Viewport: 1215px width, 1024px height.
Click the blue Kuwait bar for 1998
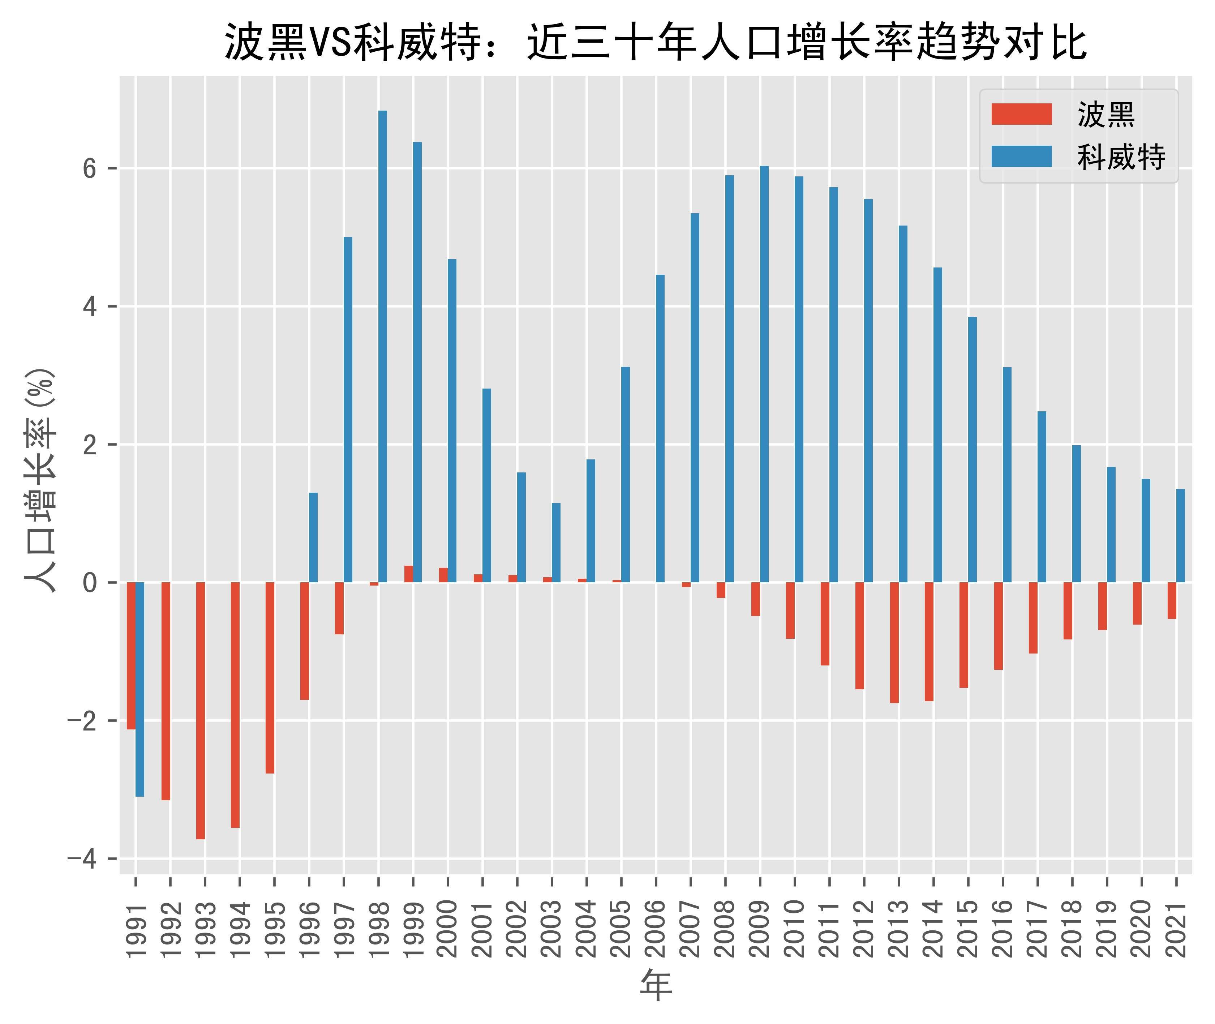383,347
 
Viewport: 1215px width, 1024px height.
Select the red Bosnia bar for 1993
200,711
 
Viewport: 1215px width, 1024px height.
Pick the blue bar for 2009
764,374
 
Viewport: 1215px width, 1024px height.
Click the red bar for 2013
894,643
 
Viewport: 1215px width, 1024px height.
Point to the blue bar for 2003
556,543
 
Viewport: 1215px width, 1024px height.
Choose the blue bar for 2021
1180,536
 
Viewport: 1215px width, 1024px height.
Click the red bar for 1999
409,574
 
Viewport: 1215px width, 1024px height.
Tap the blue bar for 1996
313,537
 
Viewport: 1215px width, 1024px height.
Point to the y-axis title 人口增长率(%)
39,480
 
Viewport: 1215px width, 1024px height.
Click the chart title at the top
656,42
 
